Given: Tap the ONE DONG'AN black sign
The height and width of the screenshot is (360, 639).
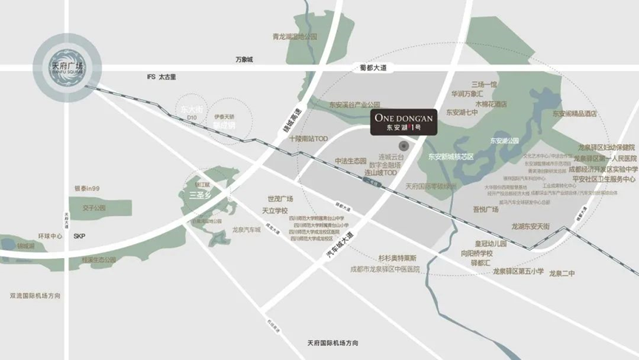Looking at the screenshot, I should pyautogui.click(x=406, y=121).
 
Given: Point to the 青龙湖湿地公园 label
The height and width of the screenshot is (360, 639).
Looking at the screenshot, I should pyautogui.click(x=294, y=36).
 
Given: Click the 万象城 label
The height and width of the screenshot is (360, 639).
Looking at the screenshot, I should pyautogui.click(x=244, y=59).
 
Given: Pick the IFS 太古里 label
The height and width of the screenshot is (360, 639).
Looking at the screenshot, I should pyautogui.click(x=161, y=78).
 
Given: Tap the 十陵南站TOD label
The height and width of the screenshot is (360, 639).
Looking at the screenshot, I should pyautogui.click(x=307, y=138).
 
